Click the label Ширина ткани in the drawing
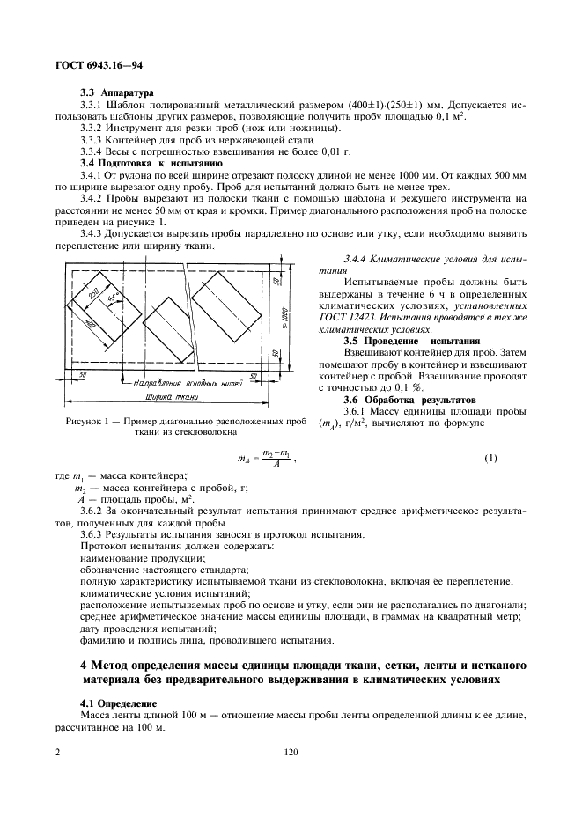point(173,398)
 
